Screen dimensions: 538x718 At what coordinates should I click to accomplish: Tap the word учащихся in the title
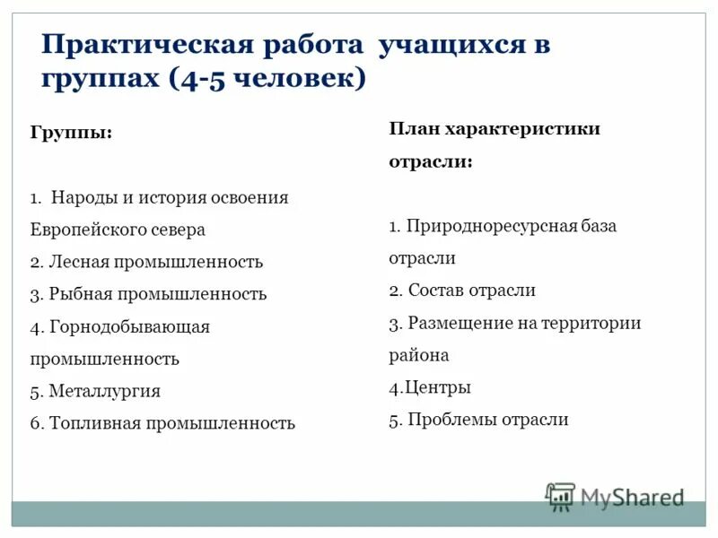(x=454, y=45)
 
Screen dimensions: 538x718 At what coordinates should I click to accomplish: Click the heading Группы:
(x=72, y=133)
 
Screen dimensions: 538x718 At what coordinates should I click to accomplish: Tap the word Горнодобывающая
(x=129, y=326)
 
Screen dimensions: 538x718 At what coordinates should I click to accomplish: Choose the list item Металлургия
(x=105, y=391)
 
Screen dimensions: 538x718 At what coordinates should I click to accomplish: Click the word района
(x=418, y=355)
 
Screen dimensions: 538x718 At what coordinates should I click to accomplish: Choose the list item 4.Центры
(x=430, y=387)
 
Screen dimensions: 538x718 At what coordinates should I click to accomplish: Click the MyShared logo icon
(x=561, y=497)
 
